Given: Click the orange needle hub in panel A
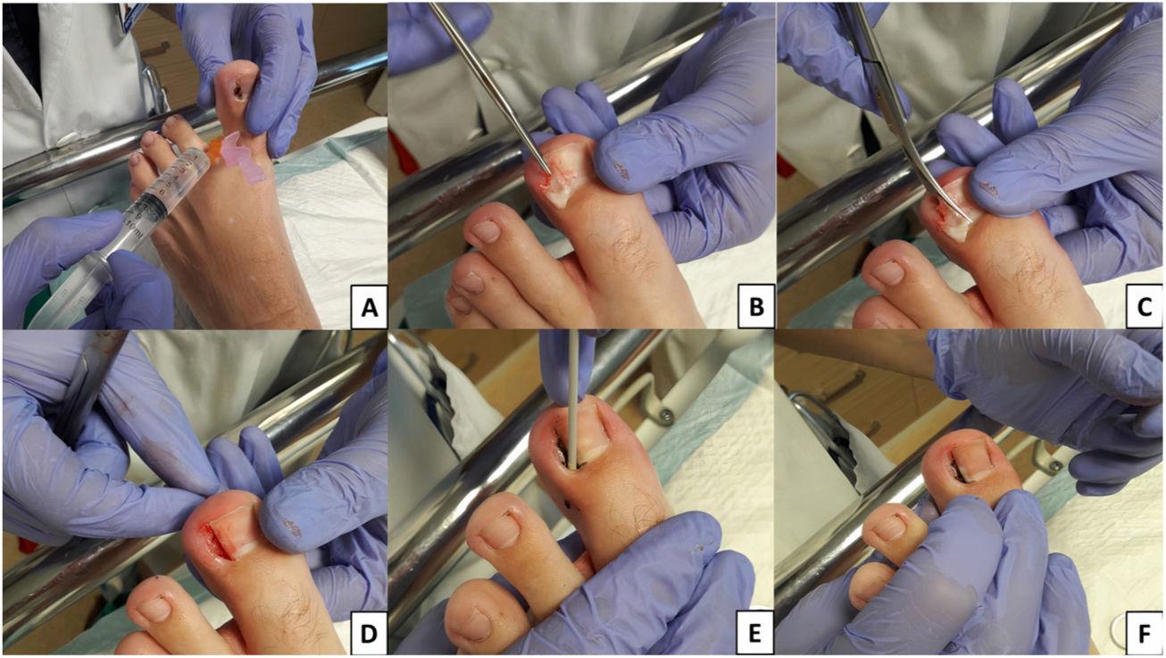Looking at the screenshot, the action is (x=214, y=152).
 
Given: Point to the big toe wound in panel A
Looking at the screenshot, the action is (x=239, y=92).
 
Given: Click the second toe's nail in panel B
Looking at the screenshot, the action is (x=486, y=231).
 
